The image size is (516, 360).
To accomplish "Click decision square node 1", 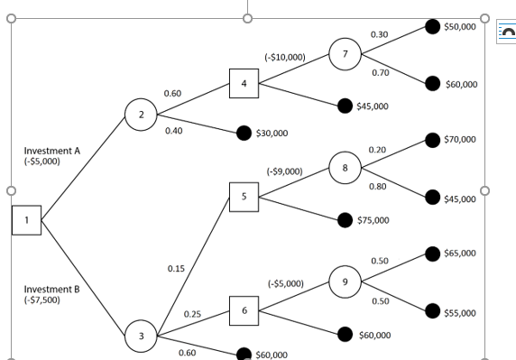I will [x=26, y=219].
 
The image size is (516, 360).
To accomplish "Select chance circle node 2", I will [x=141, y=115].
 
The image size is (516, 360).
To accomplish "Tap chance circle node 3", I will [x=141, y=337].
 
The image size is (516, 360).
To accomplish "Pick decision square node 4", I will [x=244, y=84].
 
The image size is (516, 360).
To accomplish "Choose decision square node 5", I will [x=244, y=195].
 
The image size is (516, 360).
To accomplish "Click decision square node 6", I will [x=244, y=310].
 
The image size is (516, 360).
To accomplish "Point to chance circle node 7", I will [x=345, y=53].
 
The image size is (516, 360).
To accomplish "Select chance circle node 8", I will [x=345, y=167].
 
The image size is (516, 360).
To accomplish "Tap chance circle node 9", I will [x=345, y=282].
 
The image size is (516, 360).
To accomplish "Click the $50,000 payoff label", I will [x=460, y=27].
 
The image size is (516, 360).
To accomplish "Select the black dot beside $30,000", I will [x=243, y=134].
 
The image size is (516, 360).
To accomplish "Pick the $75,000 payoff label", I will [x=373, y=220].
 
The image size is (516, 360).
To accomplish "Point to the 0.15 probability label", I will [x=176, y=269].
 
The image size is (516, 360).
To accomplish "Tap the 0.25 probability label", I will [x=192, y=314].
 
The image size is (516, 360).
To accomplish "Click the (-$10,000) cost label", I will [x=284, y=57].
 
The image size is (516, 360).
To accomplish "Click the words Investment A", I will [x=52, y=151].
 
